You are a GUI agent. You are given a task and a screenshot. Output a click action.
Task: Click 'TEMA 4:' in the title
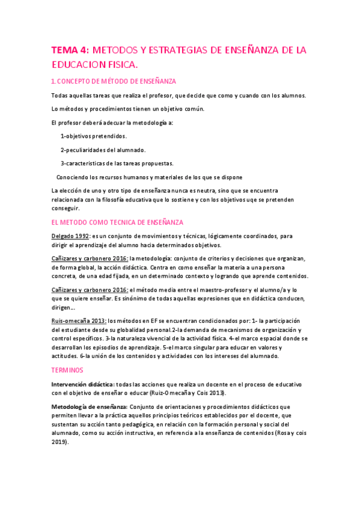pyautogui.click(x=70, y=51)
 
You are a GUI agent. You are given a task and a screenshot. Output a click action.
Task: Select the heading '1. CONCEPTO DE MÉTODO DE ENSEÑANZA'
pyautogui.click(x=114, y=81)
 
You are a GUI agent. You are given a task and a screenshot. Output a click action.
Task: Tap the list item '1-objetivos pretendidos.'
pyautogui.click(x=93, y=137)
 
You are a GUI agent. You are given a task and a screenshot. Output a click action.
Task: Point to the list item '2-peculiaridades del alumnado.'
pyautogui.click(x=103, y=150)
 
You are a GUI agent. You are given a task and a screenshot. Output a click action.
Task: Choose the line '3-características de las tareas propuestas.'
pyautogui.click(x=117, y=163)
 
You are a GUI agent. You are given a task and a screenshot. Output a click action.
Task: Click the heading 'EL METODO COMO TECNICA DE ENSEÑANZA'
pyautogui.click(x=118, y=222)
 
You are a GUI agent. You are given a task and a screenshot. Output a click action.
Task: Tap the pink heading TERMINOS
pyautogui.click(x=67, y=370)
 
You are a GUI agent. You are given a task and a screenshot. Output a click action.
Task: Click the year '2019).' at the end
pyautogui.click(x=61, y=442)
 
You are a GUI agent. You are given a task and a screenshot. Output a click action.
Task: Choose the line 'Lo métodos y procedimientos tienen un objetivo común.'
pyautogui.click(x=128, y=109)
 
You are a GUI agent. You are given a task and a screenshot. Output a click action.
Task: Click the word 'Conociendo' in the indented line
pyautogui.click(x=73, y=177)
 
